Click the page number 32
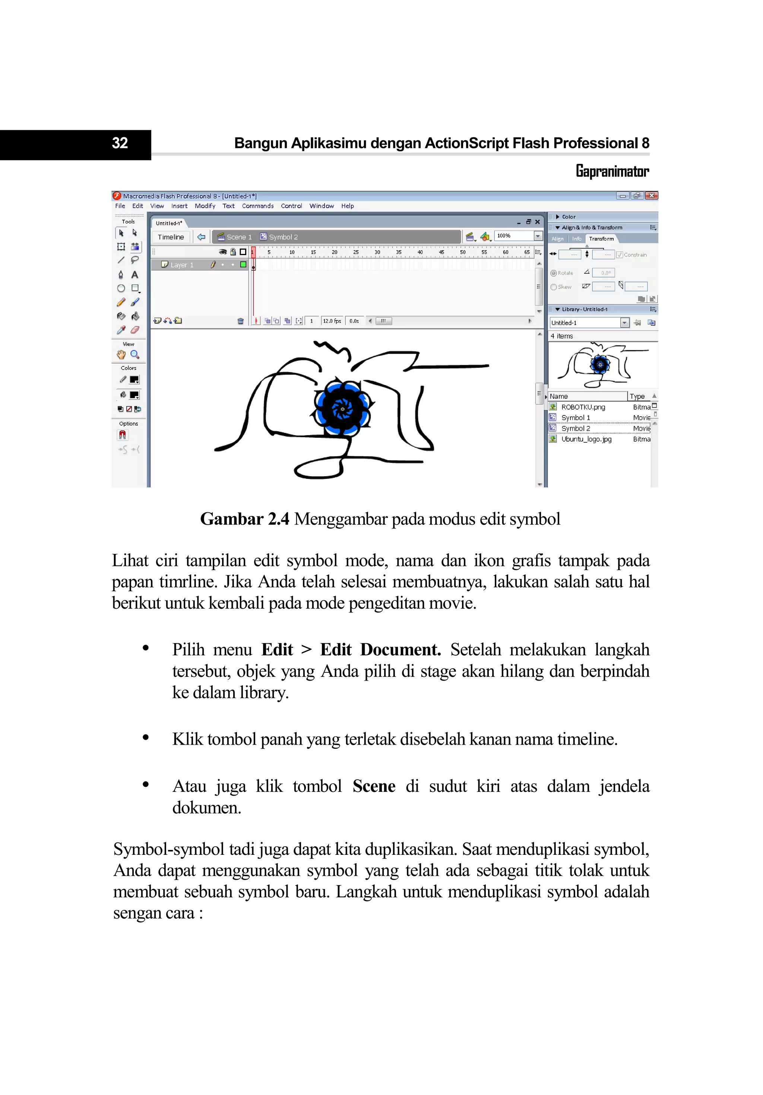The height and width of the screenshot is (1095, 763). tap(120, 143)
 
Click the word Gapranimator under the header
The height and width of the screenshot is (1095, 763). tap(612, 171)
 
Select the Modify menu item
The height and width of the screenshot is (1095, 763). tap(205, 206)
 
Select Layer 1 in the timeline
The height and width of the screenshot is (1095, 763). tap(182, 265)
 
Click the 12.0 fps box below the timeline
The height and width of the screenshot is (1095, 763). tap(332, 321)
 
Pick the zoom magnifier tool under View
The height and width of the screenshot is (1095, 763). tap(135, 355)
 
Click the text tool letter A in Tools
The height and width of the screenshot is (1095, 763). tap(135, 275)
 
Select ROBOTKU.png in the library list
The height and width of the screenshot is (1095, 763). tap(583, 407)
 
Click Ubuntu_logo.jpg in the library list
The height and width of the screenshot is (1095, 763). tap(586, 439)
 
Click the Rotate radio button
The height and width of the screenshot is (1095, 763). tap(554, 273)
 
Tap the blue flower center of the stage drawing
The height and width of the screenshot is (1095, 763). tap(342, 409)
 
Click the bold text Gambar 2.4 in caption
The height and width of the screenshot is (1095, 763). tap(244, 519)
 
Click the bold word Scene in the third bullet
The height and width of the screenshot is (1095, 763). tap(374, 786)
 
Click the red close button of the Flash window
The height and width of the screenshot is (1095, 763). tap(651, 195)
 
